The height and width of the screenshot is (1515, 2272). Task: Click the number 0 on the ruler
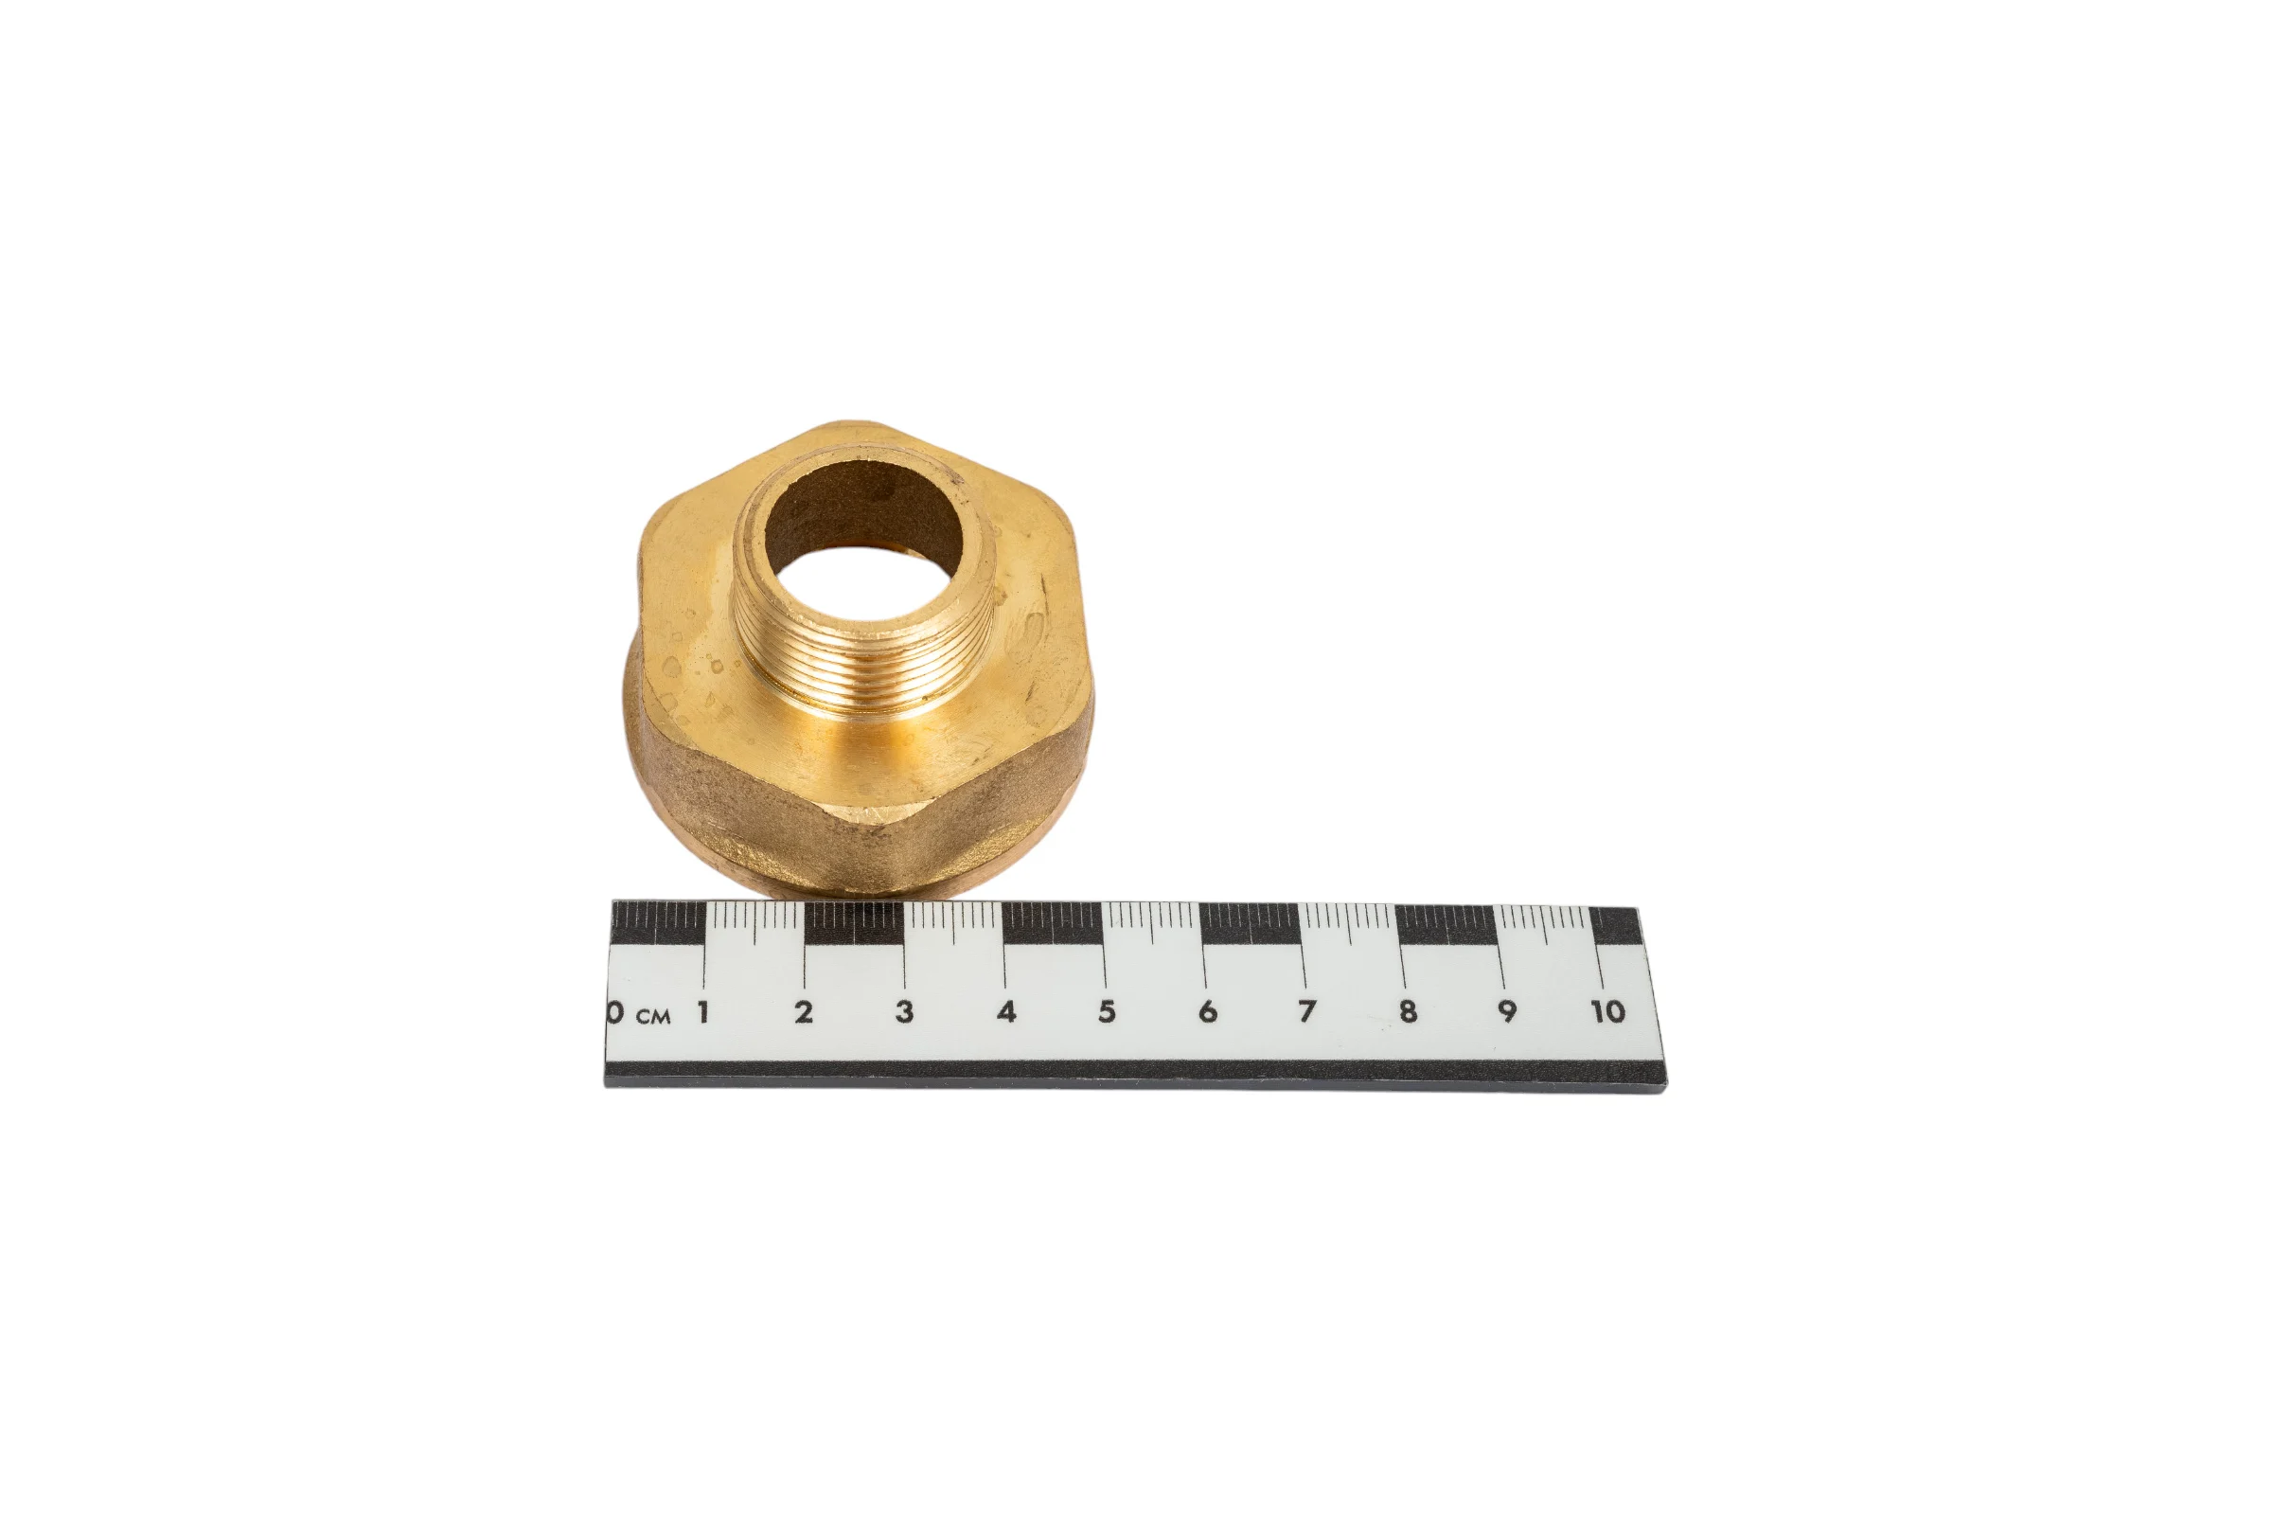coord(614,1012)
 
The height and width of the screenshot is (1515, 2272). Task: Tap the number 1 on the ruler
coord(703,1011)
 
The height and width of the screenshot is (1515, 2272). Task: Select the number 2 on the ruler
coord(803,1011)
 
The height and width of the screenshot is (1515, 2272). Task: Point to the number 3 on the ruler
coord(904,1011)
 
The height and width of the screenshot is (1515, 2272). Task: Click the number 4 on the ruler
coord(1006,1011)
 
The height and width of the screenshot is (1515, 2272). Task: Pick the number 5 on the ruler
coord(1107,1011)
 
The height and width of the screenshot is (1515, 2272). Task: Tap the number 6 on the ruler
coord(1208,1011)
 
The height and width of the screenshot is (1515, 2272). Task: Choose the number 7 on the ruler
coord(1307,1011)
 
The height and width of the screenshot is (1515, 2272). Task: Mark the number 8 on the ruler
coord(1409,1011)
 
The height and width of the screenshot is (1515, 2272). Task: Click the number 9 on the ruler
coord(1507,1011)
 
